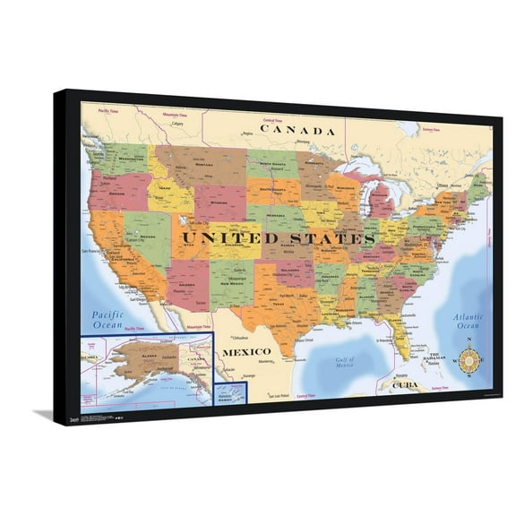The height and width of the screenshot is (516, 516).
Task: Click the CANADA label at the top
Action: pos(297,131)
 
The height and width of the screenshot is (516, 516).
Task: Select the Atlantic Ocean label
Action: pos(468,321)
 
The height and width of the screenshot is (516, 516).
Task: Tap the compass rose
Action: pos(469,360)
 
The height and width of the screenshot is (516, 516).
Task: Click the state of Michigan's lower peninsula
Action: pos(381,202)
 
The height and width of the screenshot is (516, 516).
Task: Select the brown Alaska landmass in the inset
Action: pos(149,359)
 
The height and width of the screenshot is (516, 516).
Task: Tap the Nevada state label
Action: pos(147,236)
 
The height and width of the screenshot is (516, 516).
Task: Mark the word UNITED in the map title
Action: pos(228,238)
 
